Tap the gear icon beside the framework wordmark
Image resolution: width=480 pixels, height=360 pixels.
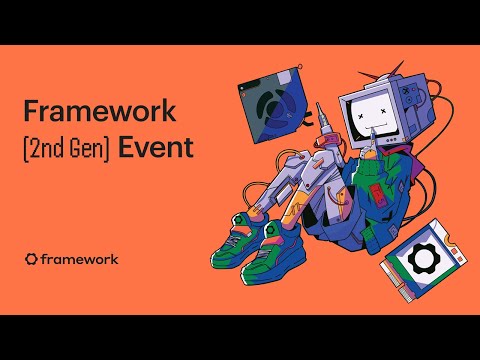pos(31,259)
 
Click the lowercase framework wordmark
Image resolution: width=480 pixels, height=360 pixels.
pos(79,259)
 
